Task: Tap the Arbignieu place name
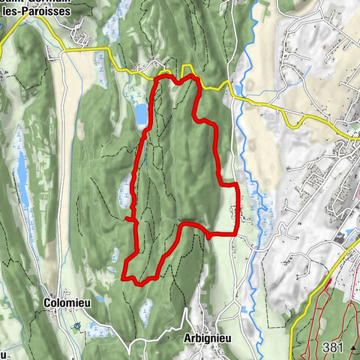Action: tap(206, 338)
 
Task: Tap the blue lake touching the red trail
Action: tap(141, 113)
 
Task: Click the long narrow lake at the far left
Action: tap(23, 180)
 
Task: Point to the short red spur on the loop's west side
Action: tap(130, 219)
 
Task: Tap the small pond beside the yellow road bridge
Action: tap(238, 91)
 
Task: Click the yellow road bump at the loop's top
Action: tap(187, 70)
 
